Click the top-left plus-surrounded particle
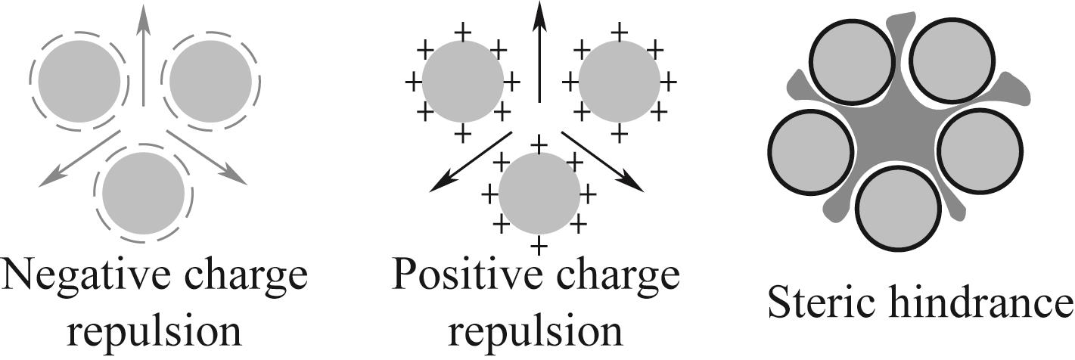(x=462, y=81)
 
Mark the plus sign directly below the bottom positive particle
(x=539, y=247)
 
